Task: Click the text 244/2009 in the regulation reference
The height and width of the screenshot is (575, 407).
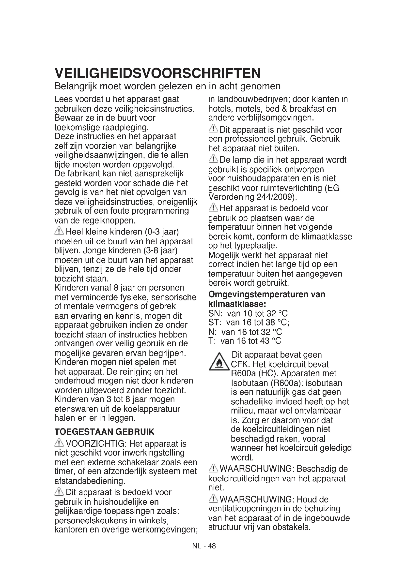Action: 275,197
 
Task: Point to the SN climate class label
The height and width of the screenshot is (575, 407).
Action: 213,313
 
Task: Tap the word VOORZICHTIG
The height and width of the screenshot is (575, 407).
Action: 96,444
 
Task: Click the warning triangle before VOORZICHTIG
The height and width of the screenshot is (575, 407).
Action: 59,443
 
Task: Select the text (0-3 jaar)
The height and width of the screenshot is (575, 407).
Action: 162,232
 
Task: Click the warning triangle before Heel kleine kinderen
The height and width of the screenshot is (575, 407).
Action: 59,231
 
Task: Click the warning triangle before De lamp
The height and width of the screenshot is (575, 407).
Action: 213,159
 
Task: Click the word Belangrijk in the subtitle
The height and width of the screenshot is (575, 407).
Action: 76,87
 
